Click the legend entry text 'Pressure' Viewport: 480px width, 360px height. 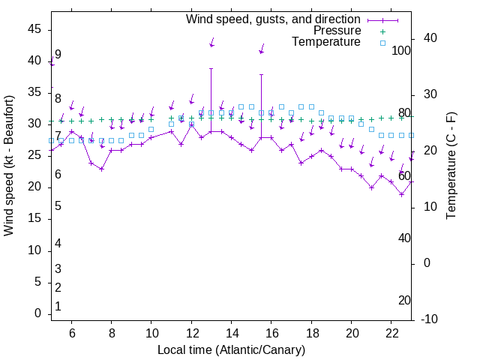pos(337,31)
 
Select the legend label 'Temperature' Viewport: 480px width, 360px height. pos(326,43)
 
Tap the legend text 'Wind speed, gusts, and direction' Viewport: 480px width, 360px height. pos(274,19)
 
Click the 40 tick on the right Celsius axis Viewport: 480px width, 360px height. pos(430,38)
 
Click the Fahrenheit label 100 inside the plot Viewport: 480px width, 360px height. pos(401,51)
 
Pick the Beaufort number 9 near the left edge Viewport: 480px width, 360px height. pos(58,55)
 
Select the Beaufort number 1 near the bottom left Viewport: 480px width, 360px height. pos(58,307)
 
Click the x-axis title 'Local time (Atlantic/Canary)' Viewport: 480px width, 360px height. pos(231,349)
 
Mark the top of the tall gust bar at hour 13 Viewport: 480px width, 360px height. pos(211,68)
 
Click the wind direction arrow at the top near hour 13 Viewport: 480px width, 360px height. pos(212,42)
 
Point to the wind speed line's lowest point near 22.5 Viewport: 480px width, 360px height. pos(401,194)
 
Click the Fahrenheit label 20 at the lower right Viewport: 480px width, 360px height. pos(404,300)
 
